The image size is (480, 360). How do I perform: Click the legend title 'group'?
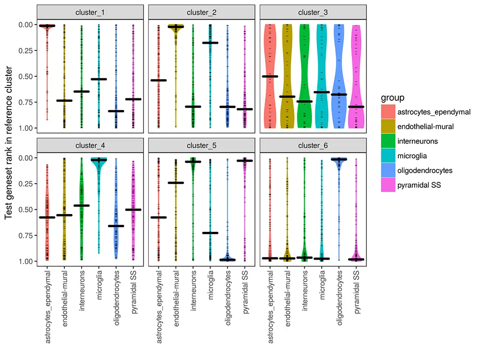pos(392,98)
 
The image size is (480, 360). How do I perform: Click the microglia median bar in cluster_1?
pos(98,79)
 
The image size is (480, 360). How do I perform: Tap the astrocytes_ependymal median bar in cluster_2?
pos(158,80)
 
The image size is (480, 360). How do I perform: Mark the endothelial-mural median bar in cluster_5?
pos(176,183)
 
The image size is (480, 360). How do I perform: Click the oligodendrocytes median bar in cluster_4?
pos(116,226)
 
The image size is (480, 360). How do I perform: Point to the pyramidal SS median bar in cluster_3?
pos(356,107)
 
